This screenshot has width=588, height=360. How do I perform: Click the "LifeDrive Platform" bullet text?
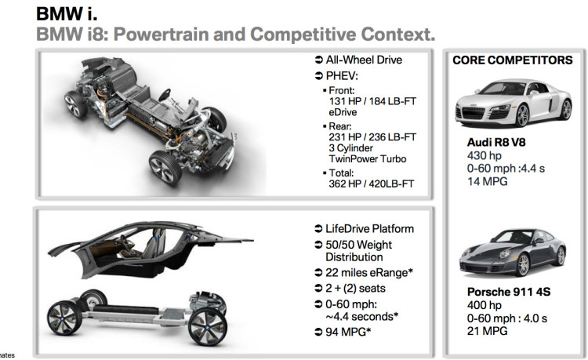[x=369, y=229]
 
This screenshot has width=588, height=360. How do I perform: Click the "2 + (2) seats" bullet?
[x=358, y=287]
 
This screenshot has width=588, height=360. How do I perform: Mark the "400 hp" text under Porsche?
[x=483, y=306]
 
